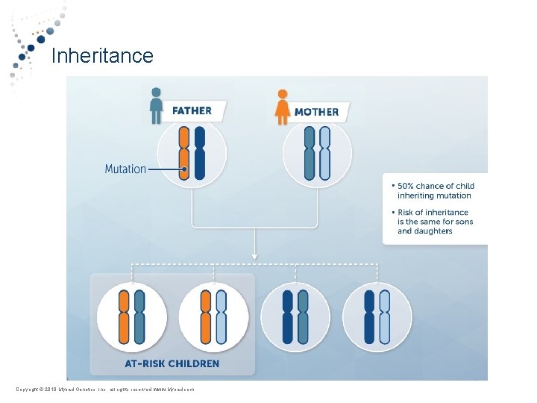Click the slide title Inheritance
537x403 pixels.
(x=101, y=56)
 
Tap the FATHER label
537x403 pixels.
(x=192, y=110)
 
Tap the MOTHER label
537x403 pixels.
(x=315, y=112)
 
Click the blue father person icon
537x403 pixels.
(x=156, y=106)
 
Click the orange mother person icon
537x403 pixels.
(x=282, y=107)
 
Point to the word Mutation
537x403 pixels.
(x=125, y=169)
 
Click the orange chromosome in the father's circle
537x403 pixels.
(x=184, y=153)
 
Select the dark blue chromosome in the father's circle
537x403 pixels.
(x=199, y=153)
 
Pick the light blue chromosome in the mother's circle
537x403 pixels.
(x=324, y=153)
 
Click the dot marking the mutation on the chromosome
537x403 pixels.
(x=184, y=169)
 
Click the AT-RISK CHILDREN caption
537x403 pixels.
(x=172, y=363)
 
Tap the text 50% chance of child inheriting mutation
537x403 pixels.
(x=435, y=190)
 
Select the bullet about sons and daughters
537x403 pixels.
(x=435, y=222)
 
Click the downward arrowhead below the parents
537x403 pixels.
(x=254, y=256)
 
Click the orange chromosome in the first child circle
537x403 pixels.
(x=124, y=317)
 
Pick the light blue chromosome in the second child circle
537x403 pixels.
(x=220, y=317)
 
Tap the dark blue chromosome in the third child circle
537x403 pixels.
(x=288, y=317)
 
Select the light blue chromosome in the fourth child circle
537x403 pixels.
(x=384, y=317)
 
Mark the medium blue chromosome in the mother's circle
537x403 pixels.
(x=310, y=153)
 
